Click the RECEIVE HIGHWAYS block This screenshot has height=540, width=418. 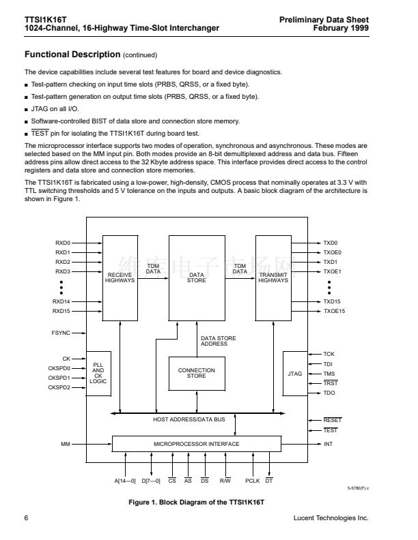coord(120,278)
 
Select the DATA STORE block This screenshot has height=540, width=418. coord(197,278)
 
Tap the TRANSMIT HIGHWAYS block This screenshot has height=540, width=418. coord(273,278)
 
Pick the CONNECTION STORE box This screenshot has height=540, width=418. coord(197,373)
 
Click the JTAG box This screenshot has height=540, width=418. coord(294,373)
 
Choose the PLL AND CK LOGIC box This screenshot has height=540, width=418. coord(98,373)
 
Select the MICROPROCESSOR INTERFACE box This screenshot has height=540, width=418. coord(196,444)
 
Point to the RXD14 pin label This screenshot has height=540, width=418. coord(62,301)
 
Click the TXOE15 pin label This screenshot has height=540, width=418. coord(334,311)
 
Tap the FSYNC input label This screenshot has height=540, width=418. coord(61,333)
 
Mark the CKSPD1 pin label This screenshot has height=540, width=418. coord(59,378)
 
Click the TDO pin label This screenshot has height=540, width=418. coord(329,393)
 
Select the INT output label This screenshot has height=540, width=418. coord(328,444)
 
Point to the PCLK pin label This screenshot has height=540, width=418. coord(252,481)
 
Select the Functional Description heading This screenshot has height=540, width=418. coord(72,54)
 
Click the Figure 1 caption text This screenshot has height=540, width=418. coord(196,502)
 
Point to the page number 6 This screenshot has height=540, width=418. coord(27,518)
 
